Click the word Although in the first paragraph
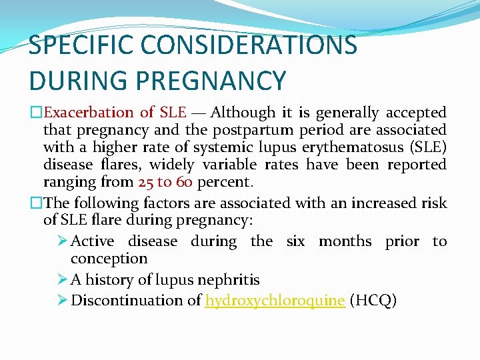coord(243,113)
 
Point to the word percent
coord(225,181)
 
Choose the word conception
coord(109,259)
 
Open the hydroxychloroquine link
coord(275,301)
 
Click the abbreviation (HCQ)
coord(373,301)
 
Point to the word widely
coord(172,164)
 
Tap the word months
coord(345,241)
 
